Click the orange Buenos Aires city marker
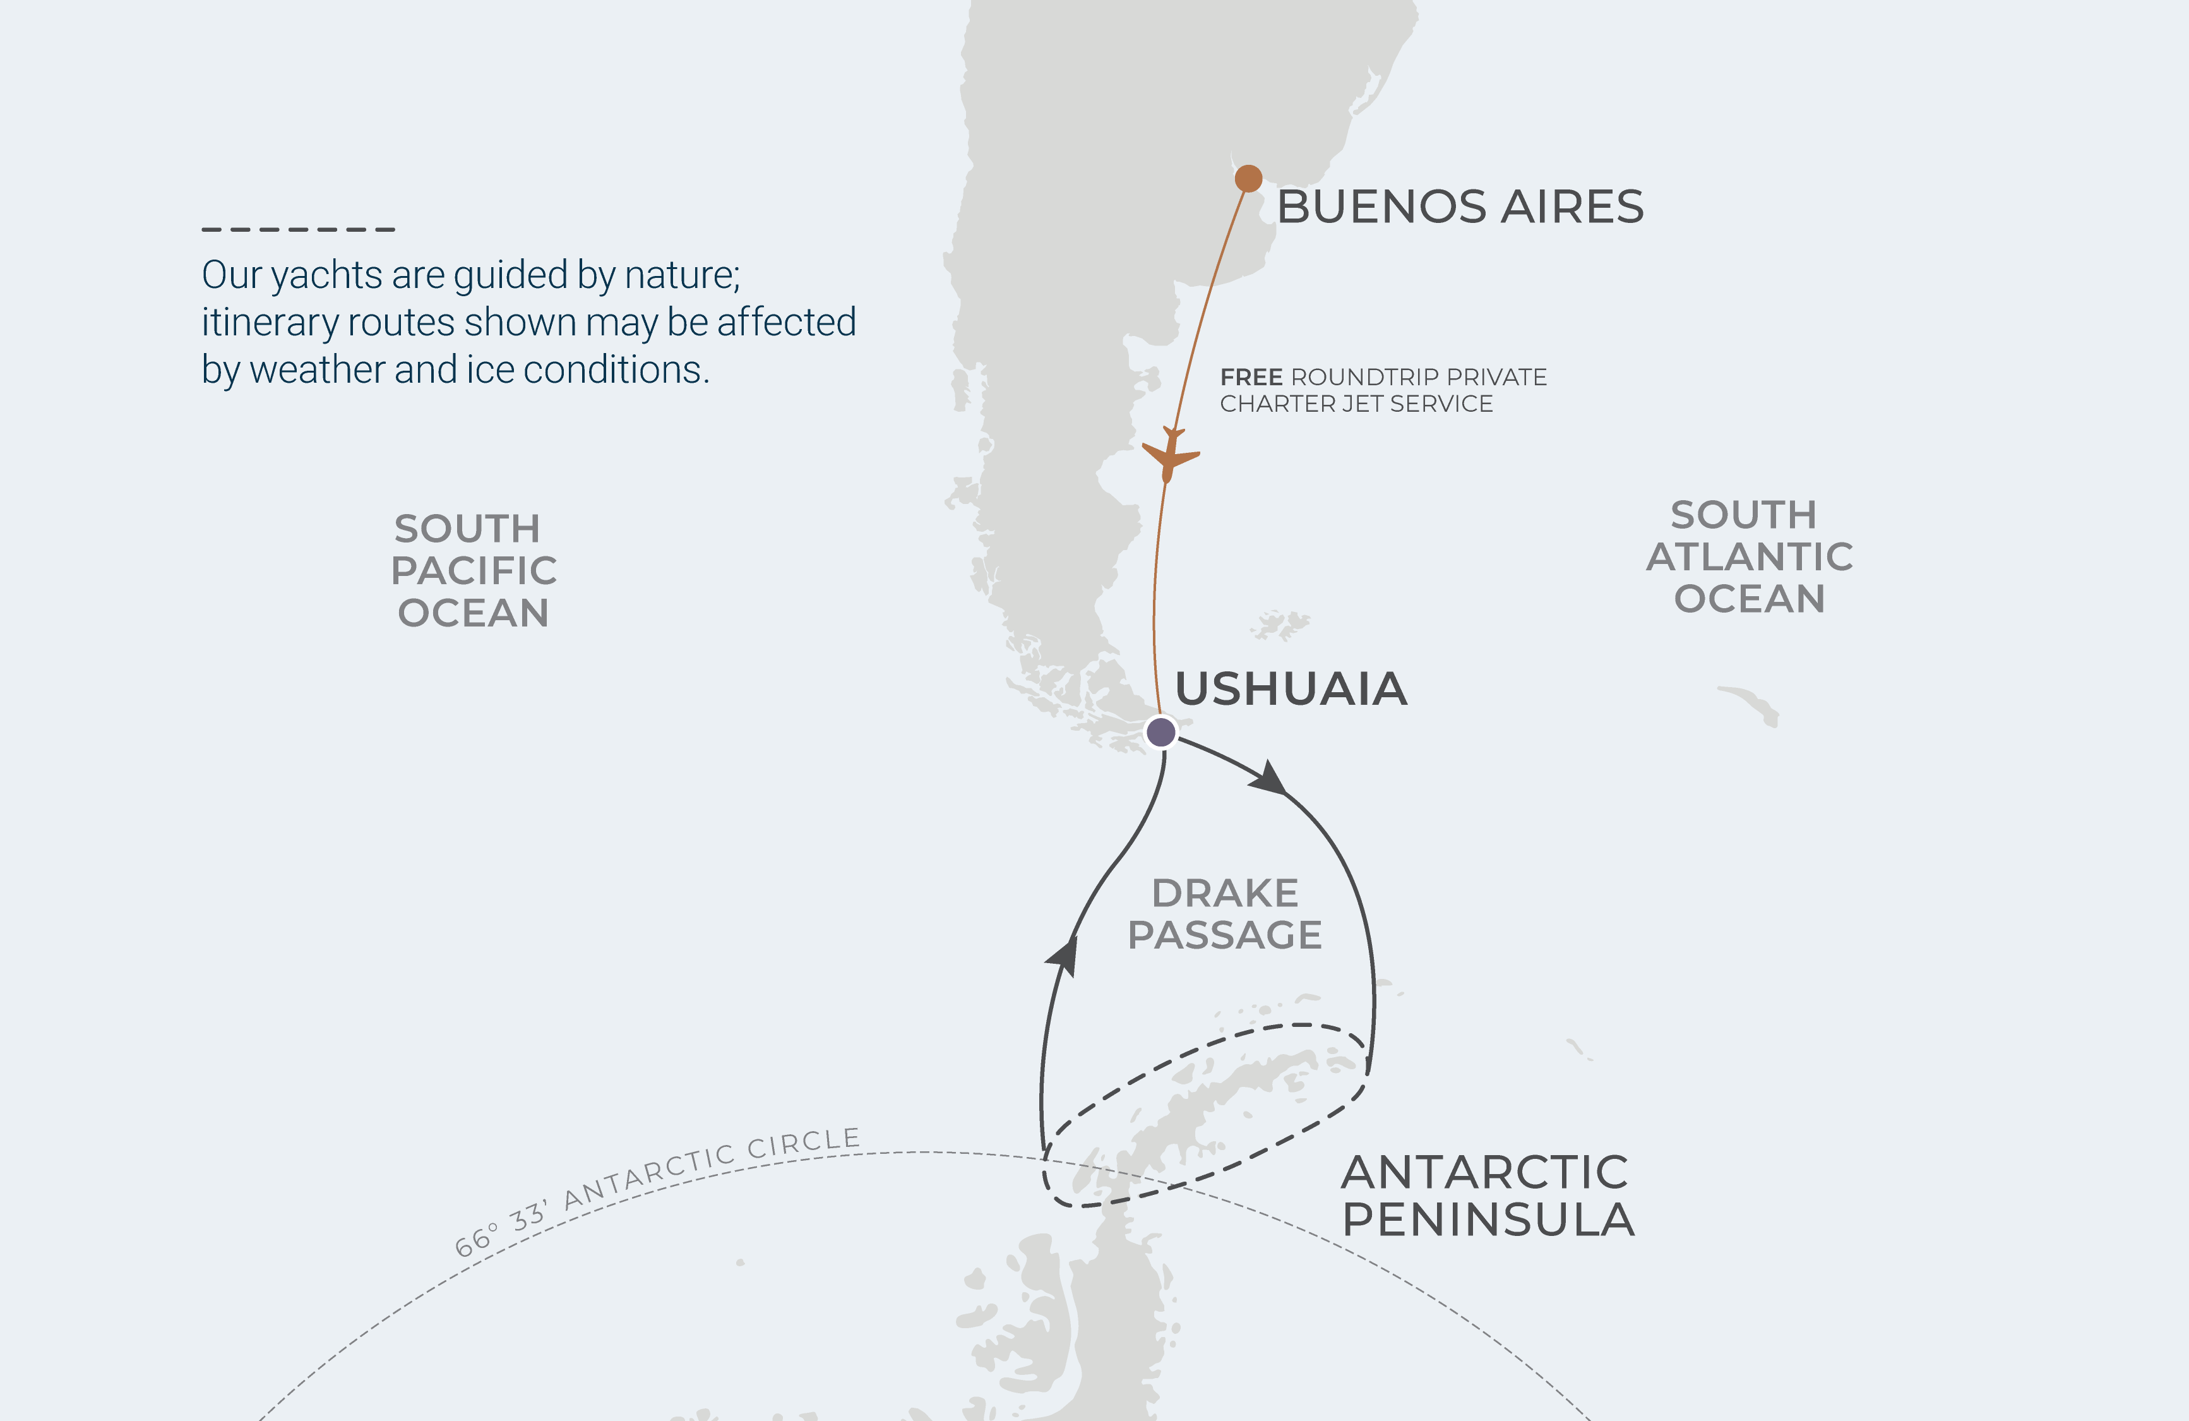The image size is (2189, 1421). point(1248,179)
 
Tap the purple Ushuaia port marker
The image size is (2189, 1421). point(1160,732)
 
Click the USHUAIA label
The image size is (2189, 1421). point(1291,690)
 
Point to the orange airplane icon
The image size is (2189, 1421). point(1170,453)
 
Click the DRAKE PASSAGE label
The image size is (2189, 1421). point(1224,914)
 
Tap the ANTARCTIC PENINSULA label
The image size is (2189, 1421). point(1488,1196)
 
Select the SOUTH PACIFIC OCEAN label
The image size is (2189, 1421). point(473,570)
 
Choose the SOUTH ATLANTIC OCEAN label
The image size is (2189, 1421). point(1748,556)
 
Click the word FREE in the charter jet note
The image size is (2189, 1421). point(1251,377)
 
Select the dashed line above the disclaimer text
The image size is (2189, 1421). point(298,229)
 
